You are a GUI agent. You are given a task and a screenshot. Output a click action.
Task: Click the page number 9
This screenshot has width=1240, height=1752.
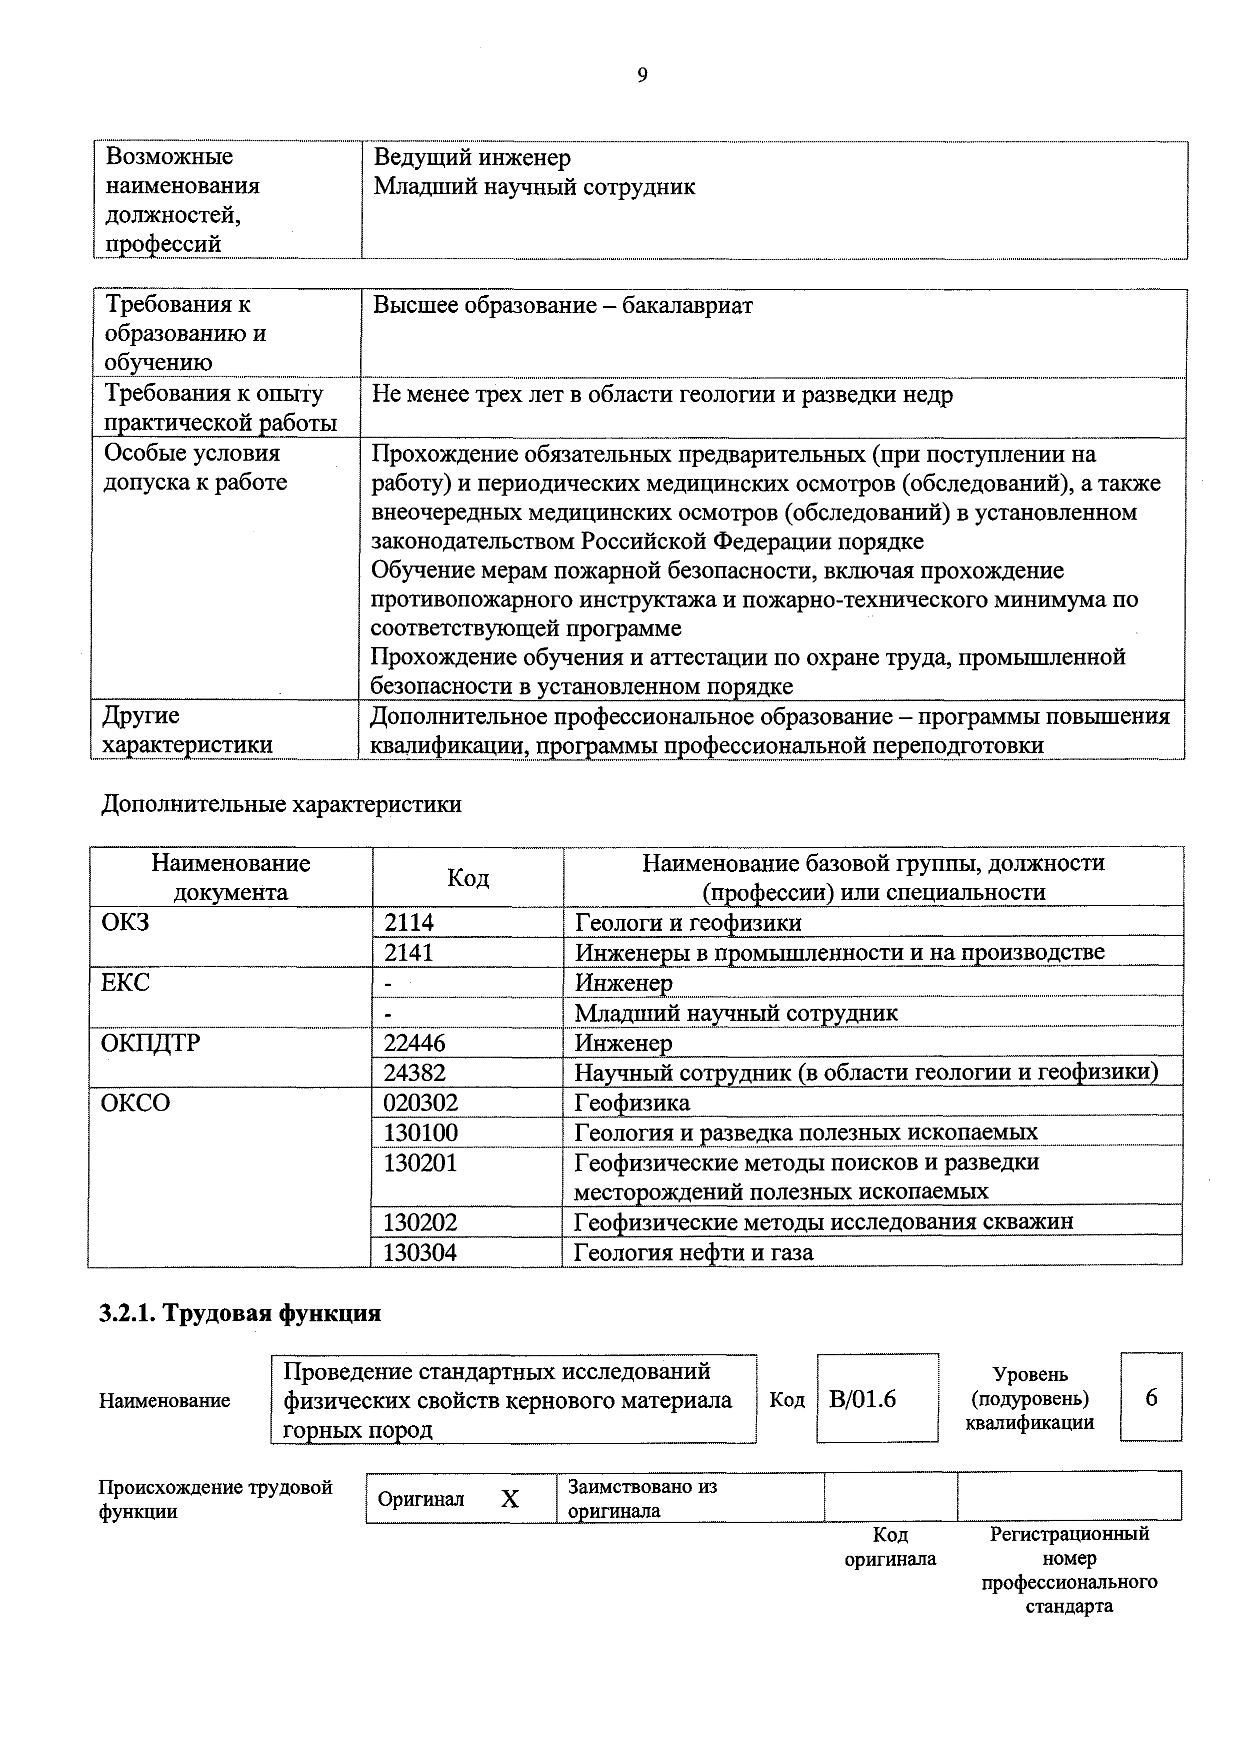(641, 75)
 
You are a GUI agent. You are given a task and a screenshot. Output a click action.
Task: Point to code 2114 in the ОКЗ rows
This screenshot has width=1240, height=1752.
(408, 923)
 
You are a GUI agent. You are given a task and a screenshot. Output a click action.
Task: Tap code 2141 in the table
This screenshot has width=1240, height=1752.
(408, 952)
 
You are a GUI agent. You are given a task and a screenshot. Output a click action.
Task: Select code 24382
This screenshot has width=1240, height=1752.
(414, 1073)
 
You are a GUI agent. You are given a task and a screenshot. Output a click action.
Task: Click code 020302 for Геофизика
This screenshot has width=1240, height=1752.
(420, 1103)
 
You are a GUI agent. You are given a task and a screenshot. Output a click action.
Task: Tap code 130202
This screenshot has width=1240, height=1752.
(420, 1221)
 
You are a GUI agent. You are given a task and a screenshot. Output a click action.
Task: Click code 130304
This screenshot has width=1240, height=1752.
(420, 1252)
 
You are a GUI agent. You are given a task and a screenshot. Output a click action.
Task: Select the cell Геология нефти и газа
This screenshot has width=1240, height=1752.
(693, 1252)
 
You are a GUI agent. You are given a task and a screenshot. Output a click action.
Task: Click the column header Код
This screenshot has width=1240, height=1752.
(467, 878)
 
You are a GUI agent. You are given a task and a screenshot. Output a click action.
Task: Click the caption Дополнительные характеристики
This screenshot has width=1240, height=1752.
(281, 804)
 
